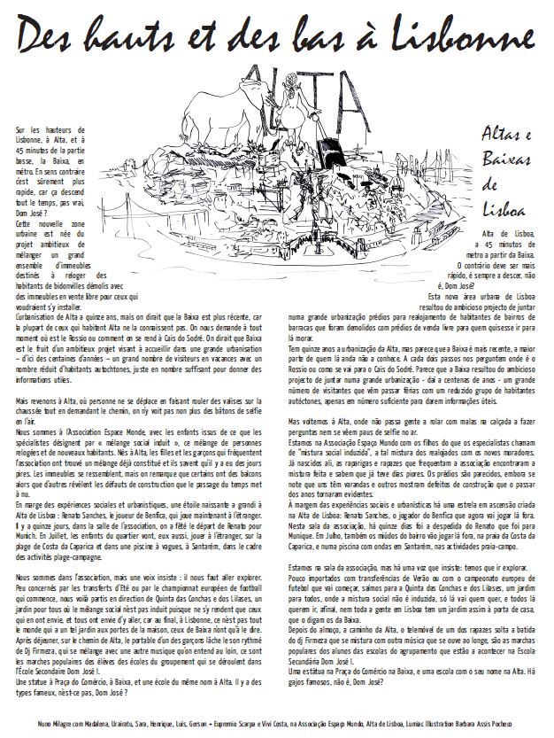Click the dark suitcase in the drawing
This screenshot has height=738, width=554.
(333, 146)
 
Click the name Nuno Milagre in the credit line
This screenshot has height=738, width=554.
(57, 725)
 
